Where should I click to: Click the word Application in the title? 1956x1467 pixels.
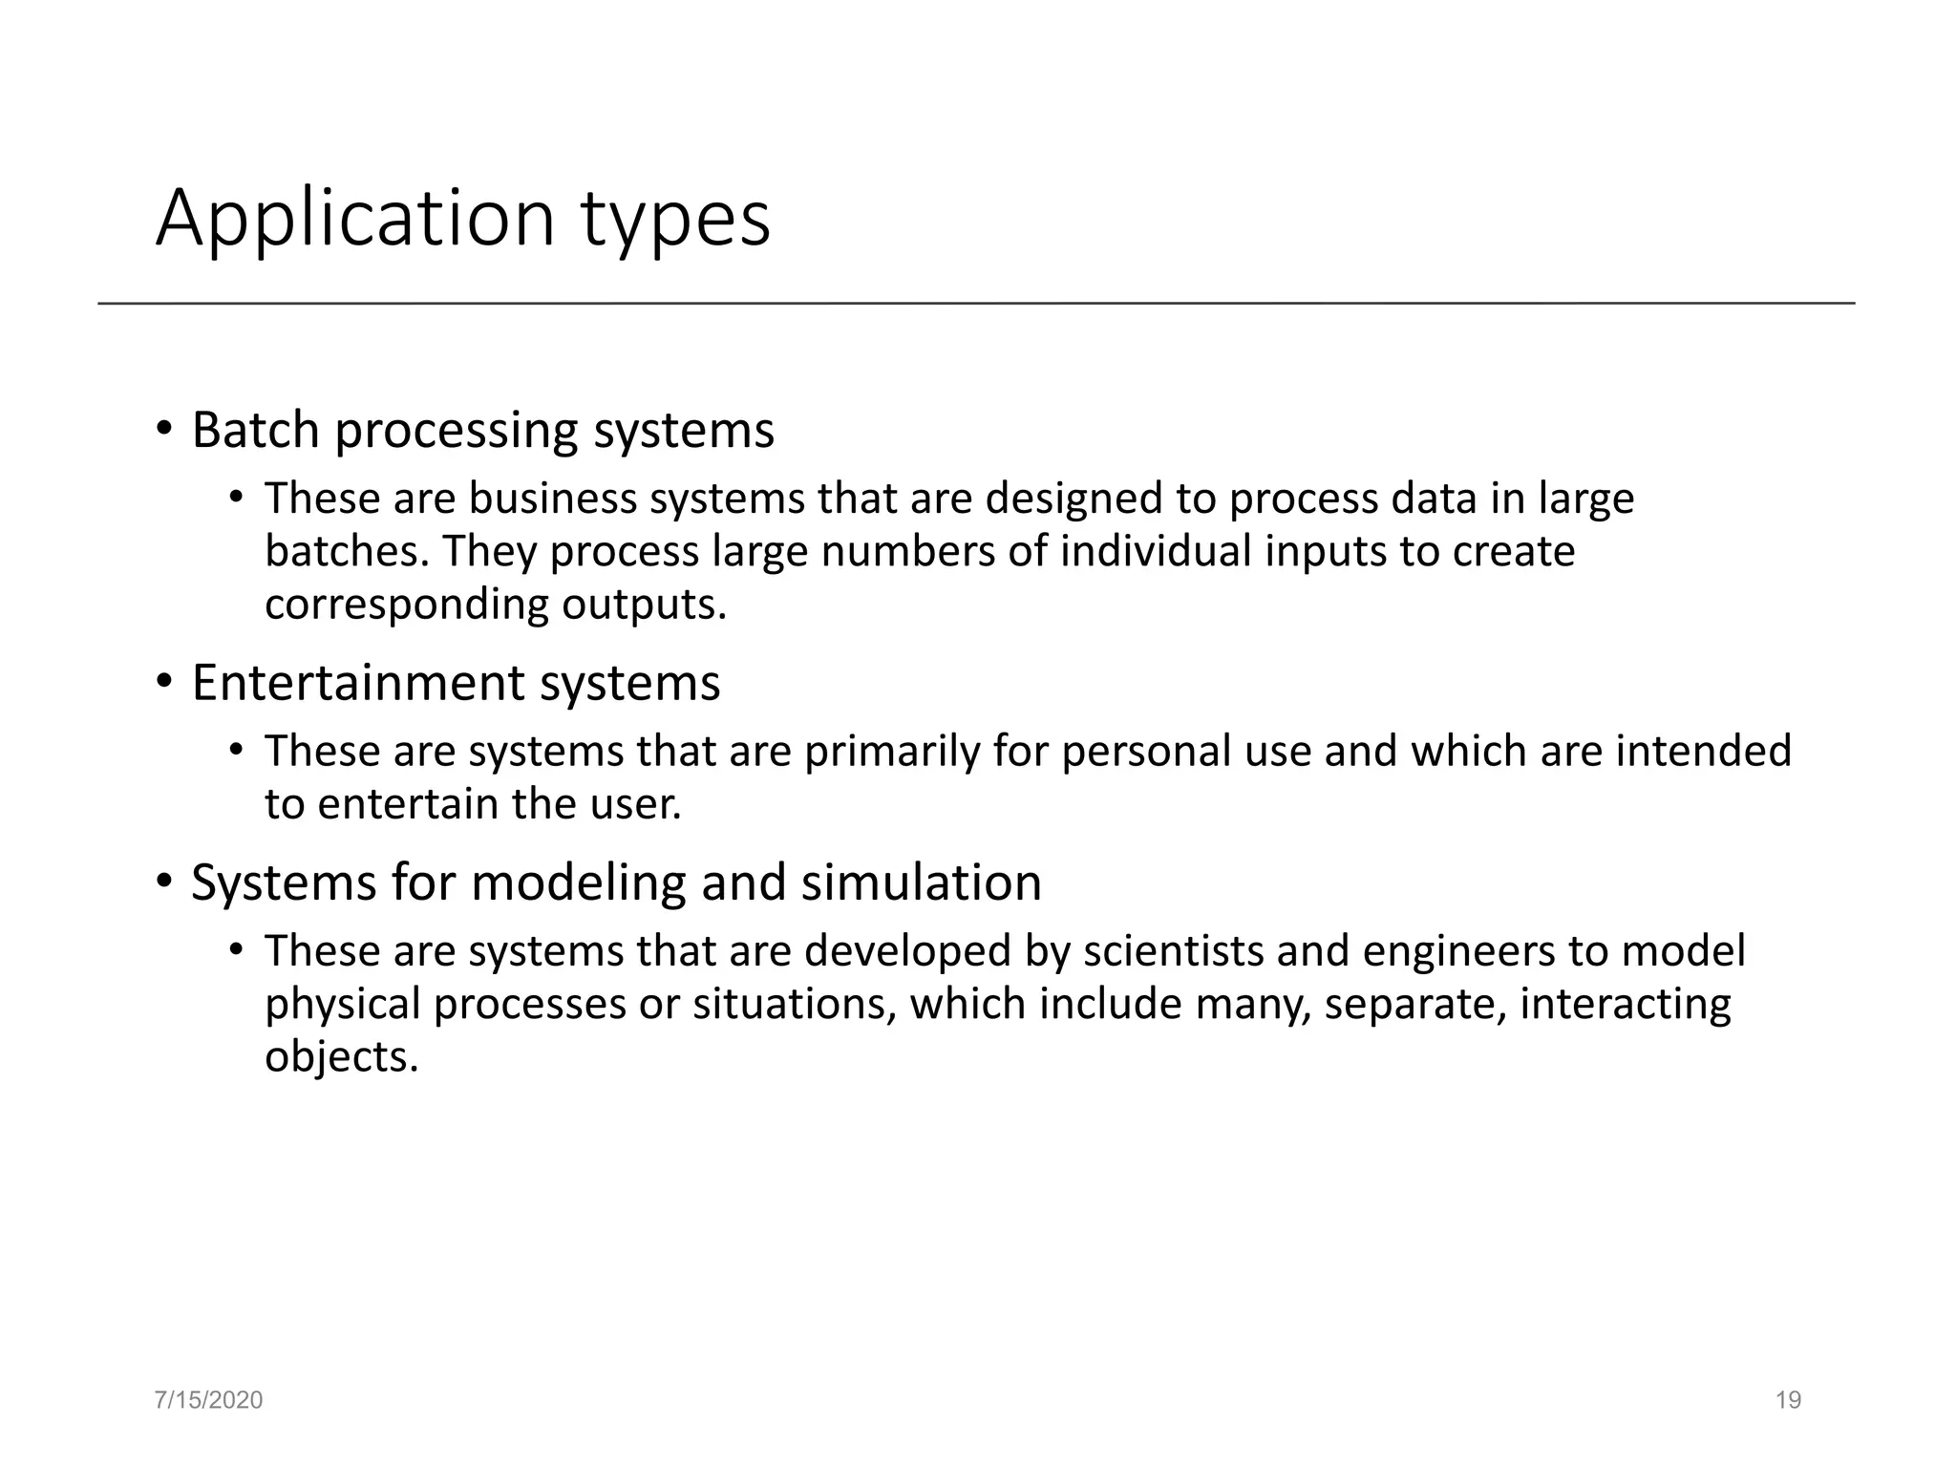355,220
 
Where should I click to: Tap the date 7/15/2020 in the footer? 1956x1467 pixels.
208,1400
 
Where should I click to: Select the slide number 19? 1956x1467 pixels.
1788,1400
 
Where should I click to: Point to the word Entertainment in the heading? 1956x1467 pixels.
358,683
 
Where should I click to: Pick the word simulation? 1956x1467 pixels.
921,882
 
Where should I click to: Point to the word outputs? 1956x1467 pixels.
644,606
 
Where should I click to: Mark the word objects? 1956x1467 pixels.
341,1057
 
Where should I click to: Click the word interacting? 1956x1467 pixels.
1625,1005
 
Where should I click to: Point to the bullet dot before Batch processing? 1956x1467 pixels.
164,430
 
